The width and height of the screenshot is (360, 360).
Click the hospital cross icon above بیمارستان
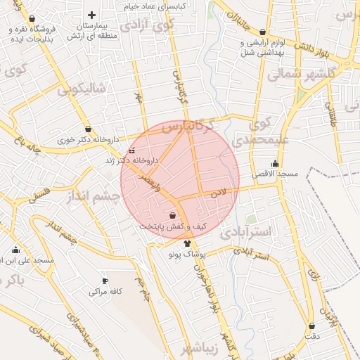(x=91, y=15)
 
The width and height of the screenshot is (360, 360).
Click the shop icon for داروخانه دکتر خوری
(x=88, y=129)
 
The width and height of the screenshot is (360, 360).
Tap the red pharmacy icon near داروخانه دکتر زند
(x=131, y=150)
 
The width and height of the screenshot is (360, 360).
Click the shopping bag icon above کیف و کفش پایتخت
(x=173, y=216)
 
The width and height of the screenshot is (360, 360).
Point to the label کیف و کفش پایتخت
(x=173, y=226)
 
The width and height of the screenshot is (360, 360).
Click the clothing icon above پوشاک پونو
(x=186, y=243)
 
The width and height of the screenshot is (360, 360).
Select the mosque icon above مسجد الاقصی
(x=275, y=163)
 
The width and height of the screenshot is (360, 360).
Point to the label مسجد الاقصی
(x=275, y=173)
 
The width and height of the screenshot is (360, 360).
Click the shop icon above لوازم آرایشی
(x=263, y=32)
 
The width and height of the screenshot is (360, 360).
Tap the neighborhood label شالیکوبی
(x=82, y=89)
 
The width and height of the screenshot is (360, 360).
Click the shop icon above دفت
(x=312, y=326)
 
